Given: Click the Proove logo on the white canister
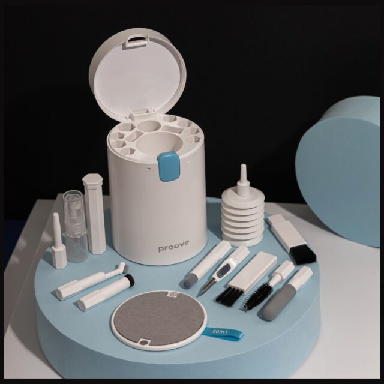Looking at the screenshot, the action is pos(173,246).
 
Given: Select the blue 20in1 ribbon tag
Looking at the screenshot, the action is pos(223,334).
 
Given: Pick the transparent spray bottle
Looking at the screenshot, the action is pos(76,226).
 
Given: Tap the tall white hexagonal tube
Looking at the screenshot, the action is pos(94,214).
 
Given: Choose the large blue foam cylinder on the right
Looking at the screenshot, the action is pos(339,172).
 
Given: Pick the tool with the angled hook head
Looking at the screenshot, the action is pos(91,280).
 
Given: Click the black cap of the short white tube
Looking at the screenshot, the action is pos(129,281).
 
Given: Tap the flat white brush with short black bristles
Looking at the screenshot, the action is pos(247,278).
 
